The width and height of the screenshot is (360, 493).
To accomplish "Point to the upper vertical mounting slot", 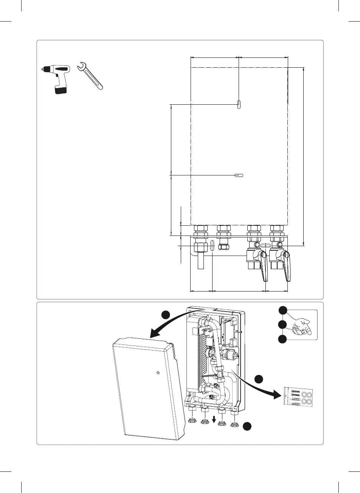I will pos(239,104).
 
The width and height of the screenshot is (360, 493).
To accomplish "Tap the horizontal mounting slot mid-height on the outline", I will pos(239,175).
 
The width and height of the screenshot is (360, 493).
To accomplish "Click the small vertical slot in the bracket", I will pos(212,245).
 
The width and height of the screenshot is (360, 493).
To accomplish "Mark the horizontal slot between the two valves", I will pos(266,245).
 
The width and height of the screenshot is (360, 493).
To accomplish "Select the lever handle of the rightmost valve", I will pos(287,267).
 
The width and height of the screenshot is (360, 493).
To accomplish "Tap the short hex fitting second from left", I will pos(223,242).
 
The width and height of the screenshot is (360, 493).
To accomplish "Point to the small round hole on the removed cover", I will pos(158,373).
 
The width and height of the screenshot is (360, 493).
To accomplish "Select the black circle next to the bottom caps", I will pos(247,426).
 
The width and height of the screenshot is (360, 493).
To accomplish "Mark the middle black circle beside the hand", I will pos(282,325).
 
